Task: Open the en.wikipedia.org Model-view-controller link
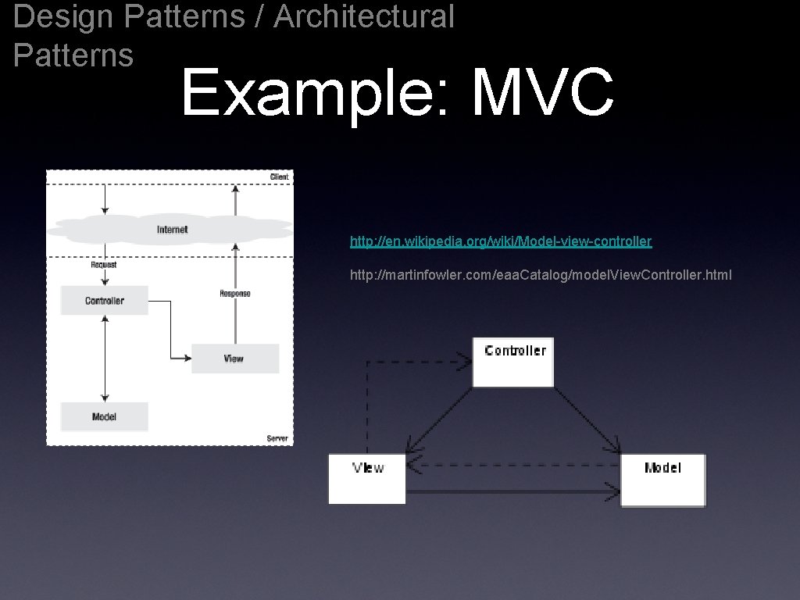[x=500, y=241]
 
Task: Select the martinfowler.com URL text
[x=541, y=275]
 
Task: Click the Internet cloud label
[x=172, y=230]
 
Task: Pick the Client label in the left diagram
[x=279, y=177]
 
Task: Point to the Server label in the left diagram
[x=277, y=438]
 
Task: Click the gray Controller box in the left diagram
[x=104, y=301]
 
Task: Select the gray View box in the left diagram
[x=234, y=359]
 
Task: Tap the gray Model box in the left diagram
[x=104, y=416]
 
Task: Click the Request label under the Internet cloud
[x=104, y=265]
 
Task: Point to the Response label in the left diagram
[x=234, y=294]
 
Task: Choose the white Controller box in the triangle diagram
[x=513, y=362]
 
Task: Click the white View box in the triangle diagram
[x=366, y=478]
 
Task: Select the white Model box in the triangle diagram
[x=662, y=480]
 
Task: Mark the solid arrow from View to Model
[x=512, y=492]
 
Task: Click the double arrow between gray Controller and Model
[x=105, y=359]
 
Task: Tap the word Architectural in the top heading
[x=363, y=16]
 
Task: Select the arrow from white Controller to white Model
[x=587, y=420]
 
